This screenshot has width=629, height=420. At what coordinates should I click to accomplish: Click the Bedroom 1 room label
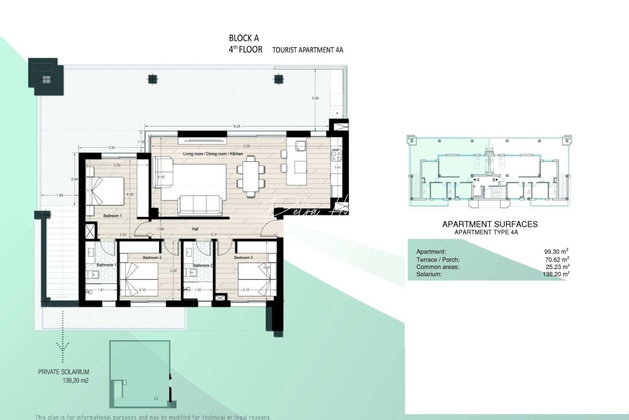pos(112,216)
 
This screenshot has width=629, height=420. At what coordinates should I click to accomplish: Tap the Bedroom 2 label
pos(152,257)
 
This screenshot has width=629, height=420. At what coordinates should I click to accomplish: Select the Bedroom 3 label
pos(243,257)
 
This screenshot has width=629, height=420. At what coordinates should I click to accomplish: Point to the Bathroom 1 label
pos(106,265)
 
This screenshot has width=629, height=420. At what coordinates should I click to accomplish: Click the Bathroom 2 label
pos(203,266)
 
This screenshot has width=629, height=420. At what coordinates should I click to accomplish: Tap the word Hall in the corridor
pos(195,229)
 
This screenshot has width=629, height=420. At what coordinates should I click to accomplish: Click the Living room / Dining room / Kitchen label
pos(213,154)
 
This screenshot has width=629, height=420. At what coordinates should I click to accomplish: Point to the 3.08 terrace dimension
pos(315,98)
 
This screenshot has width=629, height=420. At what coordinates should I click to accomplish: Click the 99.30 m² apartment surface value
pos(556,252)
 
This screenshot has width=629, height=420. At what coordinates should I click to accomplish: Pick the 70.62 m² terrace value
pos(557,259)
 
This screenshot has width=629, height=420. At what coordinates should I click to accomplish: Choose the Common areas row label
pos(438,267)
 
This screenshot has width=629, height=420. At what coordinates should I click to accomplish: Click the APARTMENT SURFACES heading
pos(490,224)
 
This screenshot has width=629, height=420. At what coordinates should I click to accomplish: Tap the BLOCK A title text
pos(244,38)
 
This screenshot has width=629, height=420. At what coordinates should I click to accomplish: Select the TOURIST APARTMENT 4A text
pos(308,50)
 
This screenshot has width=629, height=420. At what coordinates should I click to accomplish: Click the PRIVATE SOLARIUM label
pos(63,372)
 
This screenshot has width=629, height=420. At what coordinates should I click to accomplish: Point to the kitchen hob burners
pos(337,156)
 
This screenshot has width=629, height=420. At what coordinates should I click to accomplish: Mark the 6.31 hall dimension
pos(214,235)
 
